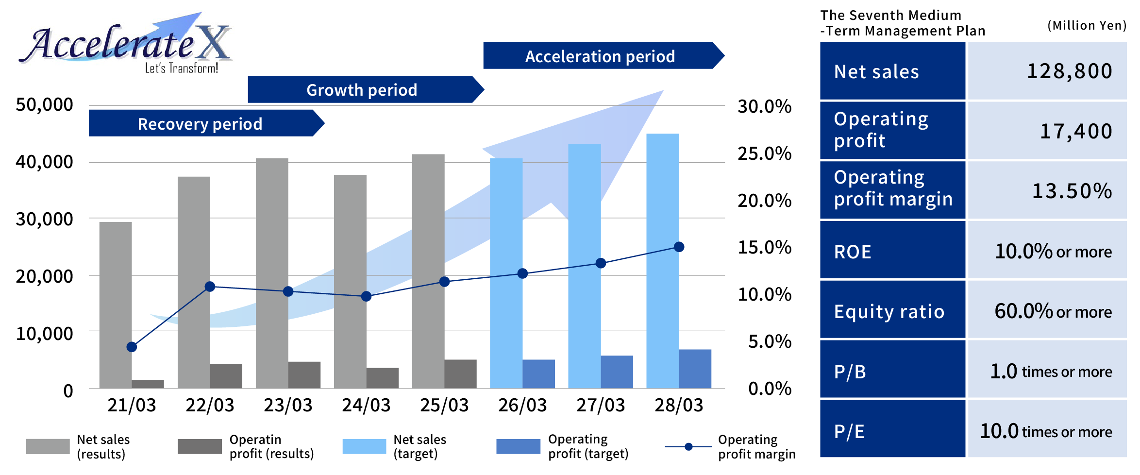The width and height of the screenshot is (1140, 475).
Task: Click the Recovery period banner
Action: pyautogui.click(x=200, y=123)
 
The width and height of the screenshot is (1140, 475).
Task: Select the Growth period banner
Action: pyautogui.click(x=362, y=89)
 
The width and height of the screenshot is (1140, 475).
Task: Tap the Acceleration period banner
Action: pyautogui.click(x=600, y=56)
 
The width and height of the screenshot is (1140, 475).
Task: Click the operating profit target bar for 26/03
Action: pyautogui.click(x=538, y=373)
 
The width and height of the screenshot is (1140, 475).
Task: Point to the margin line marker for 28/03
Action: pyautogui.click(x=679, y=247)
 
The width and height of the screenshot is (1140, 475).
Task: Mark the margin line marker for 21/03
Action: pyautogui.click(x=132, y=347)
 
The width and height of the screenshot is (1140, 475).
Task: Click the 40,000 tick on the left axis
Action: pyautogui.click(x=44, y=162)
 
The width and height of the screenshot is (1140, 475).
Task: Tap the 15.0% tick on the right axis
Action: pyautogui.click(x=764, y=247)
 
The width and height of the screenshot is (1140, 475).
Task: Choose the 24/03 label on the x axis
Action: pyautogui.click(x=366, y=405)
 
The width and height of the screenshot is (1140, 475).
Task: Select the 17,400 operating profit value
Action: pyautogui.click(x=1075, y=131)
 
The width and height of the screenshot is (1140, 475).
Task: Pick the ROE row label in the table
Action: pyautogui.click(x=853, y=252)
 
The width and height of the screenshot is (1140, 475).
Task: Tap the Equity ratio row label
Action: pyautogui.click(x=889, y=311)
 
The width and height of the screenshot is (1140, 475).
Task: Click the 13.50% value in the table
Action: pyautogui.click(x=1072, y=191)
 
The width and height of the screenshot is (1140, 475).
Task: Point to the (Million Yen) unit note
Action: pyautogui.click(x=1087, y=25)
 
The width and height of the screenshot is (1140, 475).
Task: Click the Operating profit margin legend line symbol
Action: pyautogui.click(x=688, y=446)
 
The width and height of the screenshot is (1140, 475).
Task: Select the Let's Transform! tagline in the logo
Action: pyautogui.click(x=182, y=68)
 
